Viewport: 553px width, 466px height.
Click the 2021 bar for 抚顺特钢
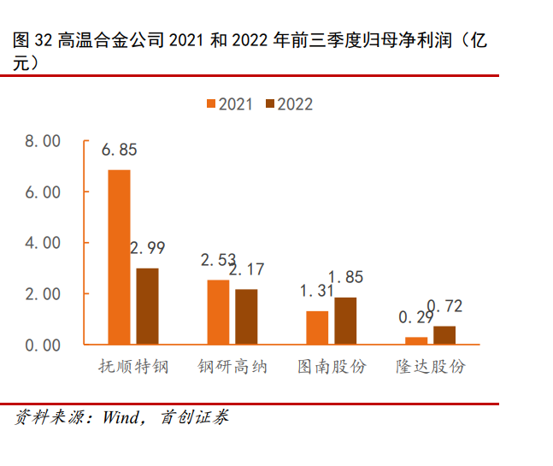tap(119, 257)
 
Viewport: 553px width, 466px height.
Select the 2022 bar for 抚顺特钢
tap(147, 306)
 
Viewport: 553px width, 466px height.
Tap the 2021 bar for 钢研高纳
tap(218, 312)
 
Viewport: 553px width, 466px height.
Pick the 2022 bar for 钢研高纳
tap(246, 316)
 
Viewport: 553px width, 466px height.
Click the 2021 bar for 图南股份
tap(317, 327)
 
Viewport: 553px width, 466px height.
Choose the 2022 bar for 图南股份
tap(345, 321)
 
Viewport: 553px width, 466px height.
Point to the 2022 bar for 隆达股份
tap(444, 335)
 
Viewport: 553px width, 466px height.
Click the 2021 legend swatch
tap(210, 104)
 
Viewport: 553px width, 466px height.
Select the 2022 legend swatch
tap(270, 104)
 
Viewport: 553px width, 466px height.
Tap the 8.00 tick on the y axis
tap(43, 141)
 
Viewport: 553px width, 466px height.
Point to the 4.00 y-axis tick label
tap(43, 243)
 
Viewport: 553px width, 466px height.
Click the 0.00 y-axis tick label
tap(43, 345)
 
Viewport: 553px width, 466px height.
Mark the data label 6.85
tap(119, 150)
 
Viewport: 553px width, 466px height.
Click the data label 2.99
tap(147, 249)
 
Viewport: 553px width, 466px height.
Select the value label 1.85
tap(345, 277)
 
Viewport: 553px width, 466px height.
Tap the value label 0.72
tap(444, 306)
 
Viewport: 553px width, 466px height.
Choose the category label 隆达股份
tap(430, 367)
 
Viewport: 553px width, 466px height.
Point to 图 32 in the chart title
tap(33, 41)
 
